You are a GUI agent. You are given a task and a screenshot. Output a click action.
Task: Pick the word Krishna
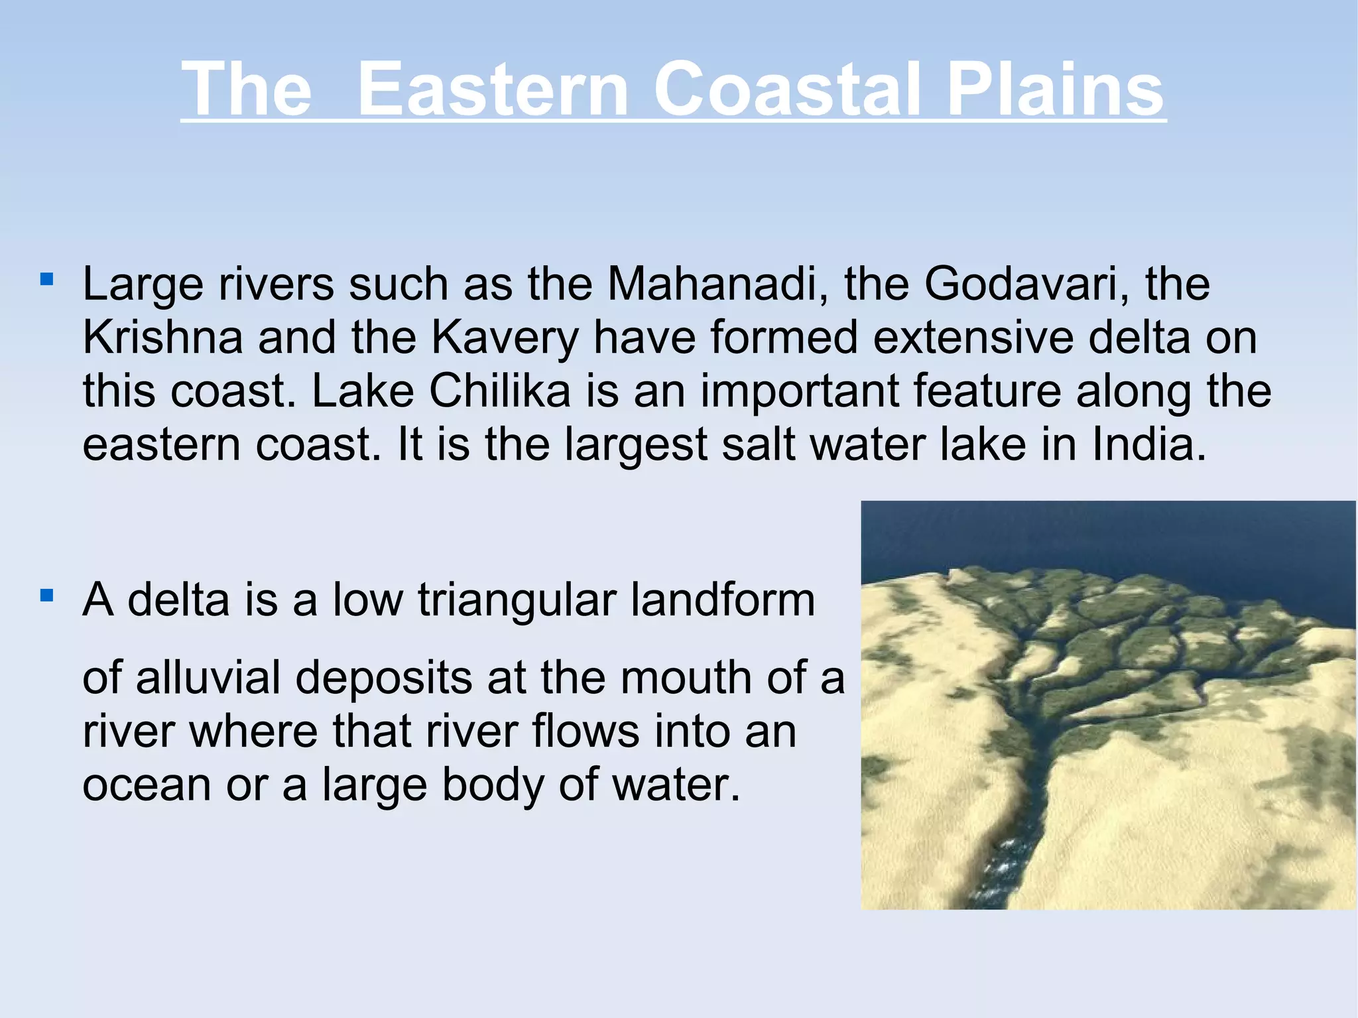(x=162, y=337)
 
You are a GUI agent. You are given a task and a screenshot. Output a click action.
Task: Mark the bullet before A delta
(x=46, y=595)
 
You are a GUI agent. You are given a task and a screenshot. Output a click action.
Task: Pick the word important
(x=800, y=391)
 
